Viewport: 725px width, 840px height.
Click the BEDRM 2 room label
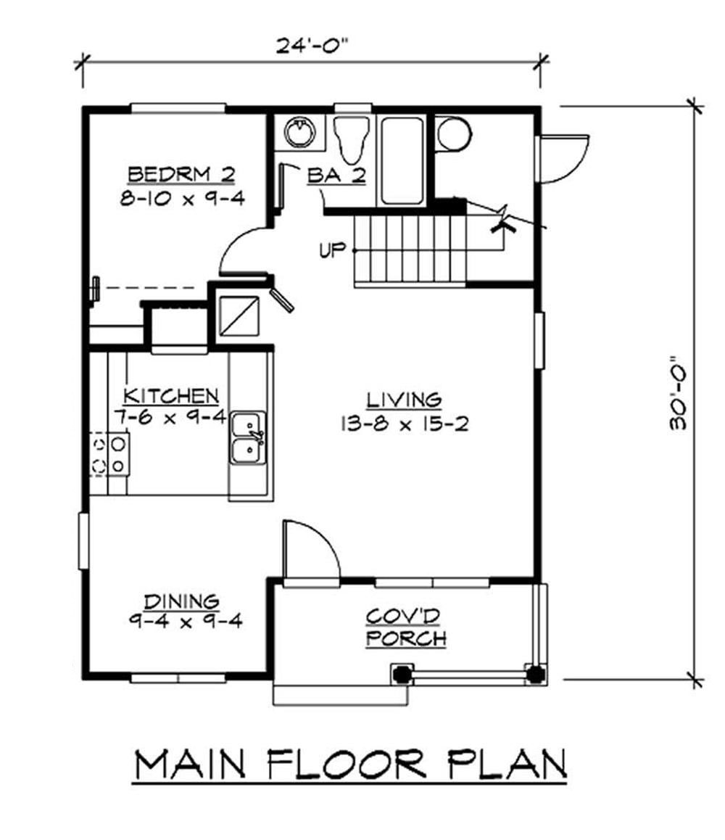point(181,175)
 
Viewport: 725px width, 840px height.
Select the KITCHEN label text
point(171,396)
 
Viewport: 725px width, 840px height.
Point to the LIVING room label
point(405,400)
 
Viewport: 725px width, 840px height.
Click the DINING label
point(182,601)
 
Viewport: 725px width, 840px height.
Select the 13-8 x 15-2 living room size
point(405,424)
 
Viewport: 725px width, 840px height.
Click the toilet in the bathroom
point(352,139)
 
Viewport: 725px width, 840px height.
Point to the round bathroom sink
point(299,132)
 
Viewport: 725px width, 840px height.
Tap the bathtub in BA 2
point(402,160)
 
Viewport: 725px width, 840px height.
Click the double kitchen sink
point(249,437)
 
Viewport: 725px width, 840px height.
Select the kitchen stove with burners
point(109,454)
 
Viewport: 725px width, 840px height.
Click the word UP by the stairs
point(331,250)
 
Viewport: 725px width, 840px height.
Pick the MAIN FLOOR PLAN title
point(351,765)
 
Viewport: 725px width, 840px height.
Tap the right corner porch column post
point(535,674)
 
